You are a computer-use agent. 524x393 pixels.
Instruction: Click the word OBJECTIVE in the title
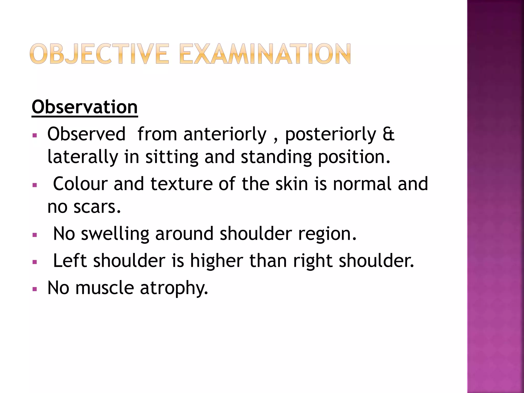coord(99,54)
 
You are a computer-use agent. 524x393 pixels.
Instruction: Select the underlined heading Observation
coord(85,107)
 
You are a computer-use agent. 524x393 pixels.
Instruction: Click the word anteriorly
coord(225,135)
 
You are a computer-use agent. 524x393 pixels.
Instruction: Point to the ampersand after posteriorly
coord(388,134)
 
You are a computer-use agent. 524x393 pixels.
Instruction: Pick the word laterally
coord(83,157)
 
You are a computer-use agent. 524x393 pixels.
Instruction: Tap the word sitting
coord(172,157)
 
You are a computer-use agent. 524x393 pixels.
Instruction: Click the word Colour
coord(80,184)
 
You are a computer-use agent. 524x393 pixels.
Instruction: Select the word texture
coord(181,184)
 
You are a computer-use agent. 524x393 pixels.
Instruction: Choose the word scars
coord(97,207)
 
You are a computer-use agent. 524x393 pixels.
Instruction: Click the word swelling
coord(115,234)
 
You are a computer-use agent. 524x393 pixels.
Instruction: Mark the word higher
coord(216,261)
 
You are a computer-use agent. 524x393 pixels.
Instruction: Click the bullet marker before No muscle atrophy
coord(35,289)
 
